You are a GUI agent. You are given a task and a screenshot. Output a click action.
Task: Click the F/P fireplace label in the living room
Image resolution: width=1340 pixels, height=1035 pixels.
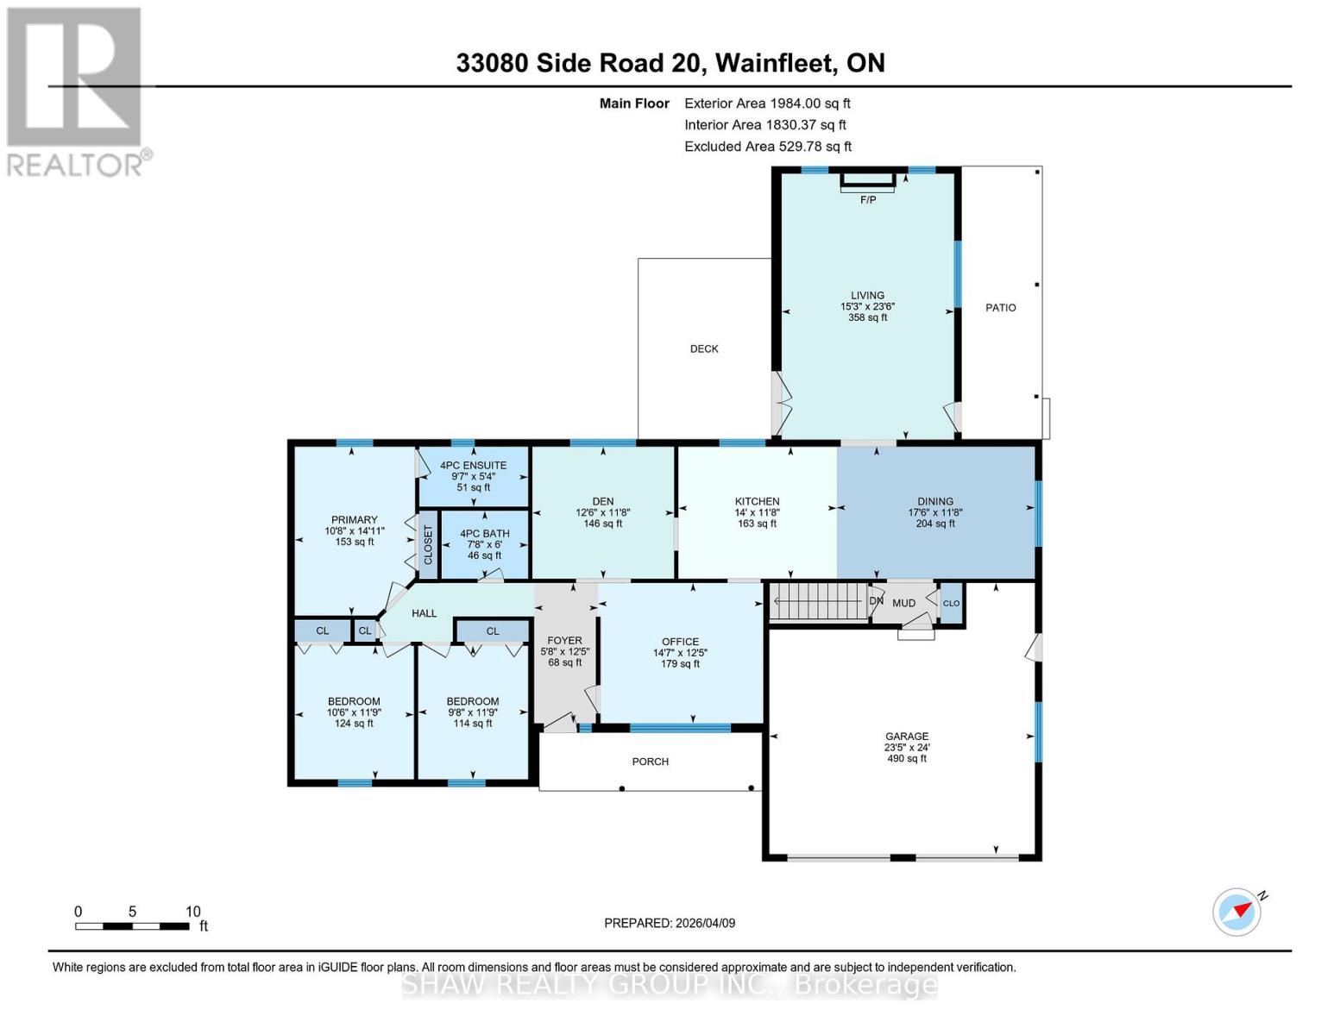pyautogui.click(x=867, y=200)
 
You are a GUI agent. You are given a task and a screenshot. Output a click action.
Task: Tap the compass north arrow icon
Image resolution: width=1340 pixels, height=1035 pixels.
pyautogui.click(x=1237, y=912)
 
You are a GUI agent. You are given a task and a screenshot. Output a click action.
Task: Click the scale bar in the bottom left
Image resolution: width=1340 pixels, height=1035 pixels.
pyautogui.click(x=132, y=925)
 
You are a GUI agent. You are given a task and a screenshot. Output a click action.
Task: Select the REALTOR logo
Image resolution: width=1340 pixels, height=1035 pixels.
pyautogui.click(x=76, y=91)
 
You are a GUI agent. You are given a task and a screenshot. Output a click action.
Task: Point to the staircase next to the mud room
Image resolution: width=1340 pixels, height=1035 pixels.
pyautogui.click(x=817, y=601)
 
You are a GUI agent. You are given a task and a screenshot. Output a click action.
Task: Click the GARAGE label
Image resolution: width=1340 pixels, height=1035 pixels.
pyautogui.click(x=906, y=737)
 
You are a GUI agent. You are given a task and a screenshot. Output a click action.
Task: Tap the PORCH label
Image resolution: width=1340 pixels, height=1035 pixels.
pyautogui.click(x=650, y=762)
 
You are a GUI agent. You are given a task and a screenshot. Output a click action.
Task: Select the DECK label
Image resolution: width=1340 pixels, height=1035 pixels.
pyautogui.click(x=704, y=349)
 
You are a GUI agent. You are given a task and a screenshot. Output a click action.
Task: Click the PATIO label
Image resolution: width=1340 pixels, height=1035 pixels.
pyautogui.click(x=1001, y=308)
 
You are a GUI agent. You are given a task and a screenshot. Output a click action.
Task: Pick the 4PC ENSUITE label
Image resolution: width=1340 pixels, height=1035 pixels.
pyautogui.click(x=473, y=466)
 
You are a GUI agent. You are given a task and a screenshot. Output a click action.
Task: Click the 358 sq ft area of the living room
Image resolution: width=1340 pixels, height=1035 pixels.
pyautogui.click(x=867, y=317)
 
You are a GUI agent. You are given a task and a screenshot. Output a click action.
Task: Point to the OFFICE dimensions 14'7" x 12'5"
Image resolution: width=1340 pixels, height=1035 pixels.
pyautogui.click(x=680, y=653)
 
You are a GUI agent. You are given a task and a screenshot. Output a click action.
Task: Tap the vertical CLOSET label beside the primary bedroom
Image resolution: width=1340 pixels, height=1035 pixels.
pyautogui.click(x=428, y=545)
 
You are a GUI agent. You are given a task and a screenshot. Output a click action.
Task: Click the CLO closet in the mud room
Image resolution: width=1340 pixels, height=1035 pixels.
pyautogui.click(x=951, y=603)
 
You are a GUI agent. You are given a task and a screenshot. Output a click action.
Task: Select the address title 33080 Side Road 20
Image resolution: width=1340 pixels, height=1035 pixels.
pyautogui.click(x=670, y=63)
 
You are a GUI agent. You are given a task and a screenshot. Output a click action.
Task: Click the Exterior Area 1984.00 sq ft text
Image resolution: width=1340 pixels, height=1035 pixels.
pyautogui.click(x=767, y=103)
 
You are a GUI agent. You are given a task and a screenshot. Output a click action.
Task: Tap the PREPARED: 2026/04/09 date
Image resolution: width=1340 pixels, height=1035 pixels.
pyautogui.click(x=670, y=923)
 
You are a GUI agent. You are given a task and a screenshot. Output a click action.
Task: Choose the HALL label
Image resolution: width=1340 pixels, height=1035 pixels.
pyautogui.click(x=424, y=613)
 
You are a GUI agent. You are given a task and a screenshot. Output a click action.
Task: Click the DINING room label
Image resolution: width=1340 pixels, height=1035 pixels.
pyautogui.click(x=935, y=501)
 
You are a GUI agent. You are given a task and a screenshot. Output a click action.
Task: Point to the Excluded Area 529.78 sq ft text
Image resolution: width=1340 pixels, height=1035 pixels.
pyautogui.click(x=767, y=147)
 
